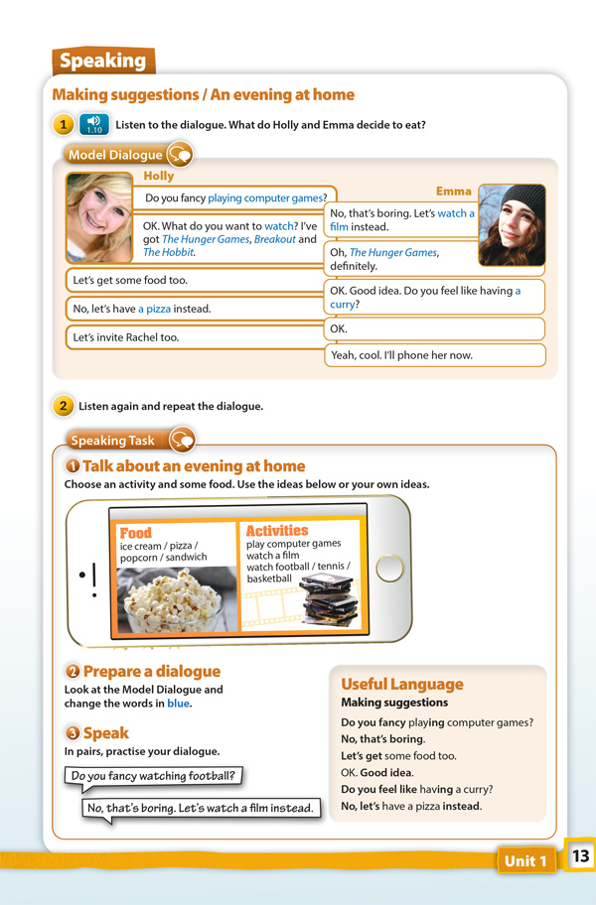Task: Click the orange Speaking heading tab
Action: point(102,62)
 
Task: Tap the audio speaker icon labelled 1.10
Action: point(93,124)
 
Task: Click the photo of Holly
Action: point(98,217)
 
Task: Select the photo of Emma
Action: point(512,224)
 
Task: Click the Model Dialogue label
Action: point(115,155)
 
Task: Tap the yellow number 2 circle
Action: point(63,406)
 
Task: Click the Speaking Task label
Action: point(113,440)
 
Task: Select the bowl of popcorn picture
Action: point(176,600)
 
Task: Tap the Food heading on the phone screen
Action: point(135,533)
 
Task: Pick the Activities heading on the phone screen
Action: point(277,531)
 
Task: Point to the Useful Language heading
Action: point(401,684)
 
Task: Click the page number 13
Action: point(580,855)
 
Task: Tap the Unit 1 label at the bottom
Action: point(525,860)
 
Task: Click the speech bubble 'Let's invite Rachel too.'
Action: point(194,337)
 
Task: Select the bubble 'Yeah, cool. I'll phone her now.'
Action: point(435,354)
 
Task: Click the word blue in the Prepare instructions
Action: point(178,704)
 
